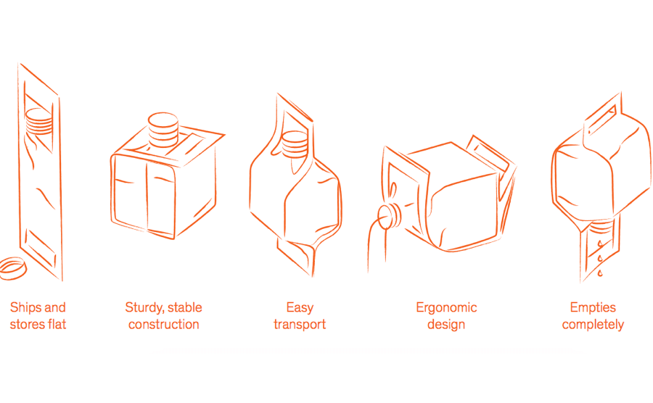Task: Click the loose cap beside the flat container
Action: click(x=14, y=267)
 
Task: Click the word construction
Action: click(x=164, y=324)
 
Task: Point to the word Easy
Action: click(x=300, y=307)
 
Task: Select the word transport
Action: click(x=300, y=324)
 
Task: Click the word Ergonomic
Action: click(x=446, y=307)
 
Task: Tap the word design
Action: click(x=446, y=324)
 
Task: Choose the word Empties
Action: click(x=593, y=307)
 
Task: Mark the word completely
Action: click(x=593, y=324)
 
